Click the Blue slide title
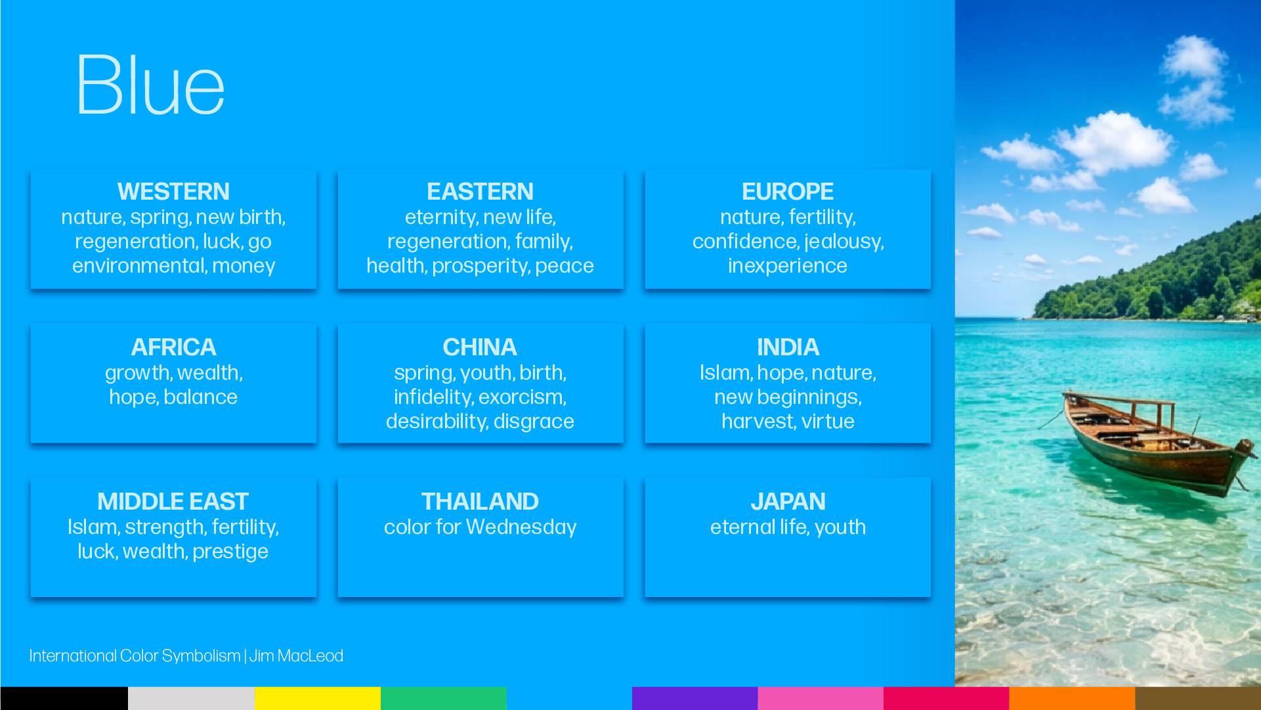point(151,85)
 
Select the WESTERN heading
point(173,191)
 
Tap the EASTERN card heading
point(480,191)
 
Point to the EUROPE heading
point(787,191)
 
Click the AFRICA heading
point(173,347)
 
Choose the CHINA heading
point(480,347)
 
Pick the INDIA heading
point(788,347)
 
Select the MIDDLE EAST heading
point(173,501)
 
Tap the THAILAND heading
point(480,501)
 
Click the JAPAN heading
point(788,501)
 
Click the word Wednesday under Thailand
point(521,527)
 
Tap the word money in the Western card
point(244,266)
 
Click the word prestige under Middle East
point(230,552)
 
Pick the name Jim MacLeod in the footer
point(296,655)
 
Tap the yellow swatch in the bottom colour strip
point(318,698)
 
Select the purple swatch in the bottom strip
point(695,698)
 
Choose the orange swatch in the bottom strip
point(1071,698)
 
